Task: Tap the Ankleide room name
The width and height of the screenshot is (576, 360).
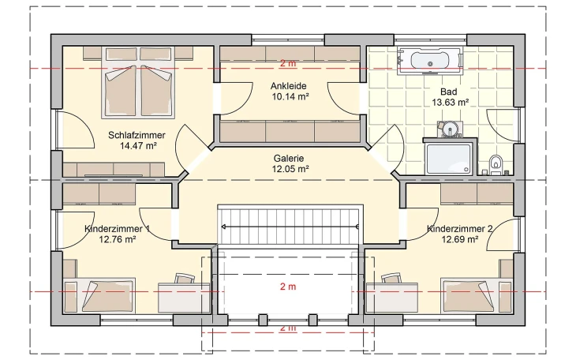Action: point(289,86)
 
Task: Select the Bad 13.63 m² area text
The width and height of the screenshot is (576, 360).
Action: point(451,102)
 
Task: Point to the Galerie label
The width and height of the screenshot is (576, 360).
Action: point(289,158)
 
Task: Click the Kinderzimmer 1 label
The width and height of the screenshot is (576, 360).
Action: point(117,229)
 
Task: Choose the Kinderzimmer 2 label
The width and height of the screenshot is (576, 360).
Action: point(461,229)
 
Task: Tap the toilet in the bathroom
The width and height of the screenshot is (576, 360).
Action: point(496,163)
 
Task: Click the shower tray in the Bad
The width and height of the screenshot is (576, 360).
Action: point(449,156)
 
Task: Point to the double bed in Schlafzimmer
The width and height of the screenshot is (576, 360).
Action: point(140,88)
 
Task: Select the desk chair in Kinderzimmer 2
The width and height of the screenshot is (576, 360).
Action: point(390,279)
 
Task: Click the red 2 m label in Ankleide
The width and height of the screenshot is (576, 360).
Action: point(289,63)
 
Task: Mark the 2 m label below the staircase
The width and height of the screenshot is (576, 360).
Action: point(289,287)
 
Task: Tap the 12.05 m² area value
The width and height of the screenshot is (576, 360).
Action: point(289,168)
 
